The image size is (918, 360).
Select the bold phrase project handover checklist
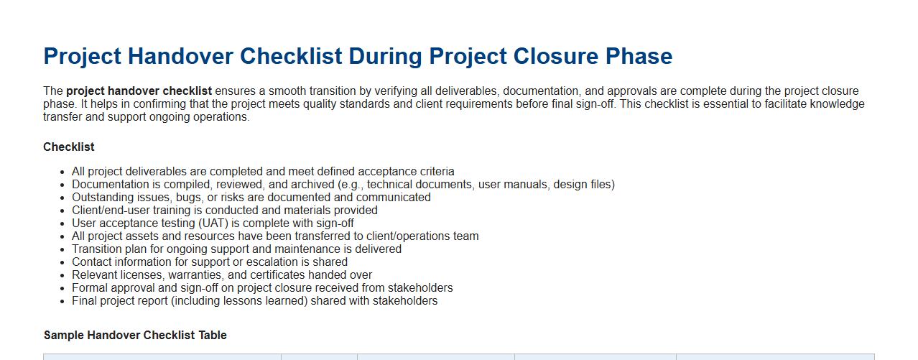click(139, 91)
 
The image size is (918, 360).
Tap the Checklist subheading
click(69, 147)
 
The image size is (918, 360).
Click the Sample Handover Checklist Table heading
click(135, 335)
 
